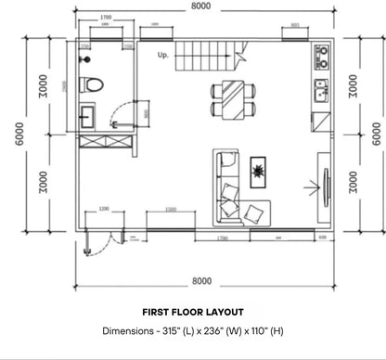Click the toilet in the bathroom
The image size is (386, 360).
coord(91,84)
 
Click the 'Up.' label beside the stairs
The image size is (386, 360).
coord(164,55)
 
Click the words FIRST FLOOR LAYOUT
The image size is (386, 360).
coord(193,313)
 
